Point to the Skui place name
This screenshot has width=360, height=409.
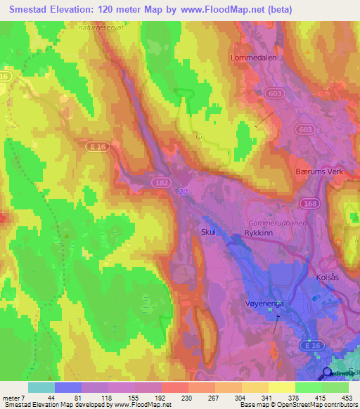pos(208,231)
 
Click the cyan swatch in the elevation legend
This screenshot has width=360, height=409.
pos(41,387)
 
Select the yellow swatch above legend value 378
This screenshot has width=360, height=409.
pos(282,387)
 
